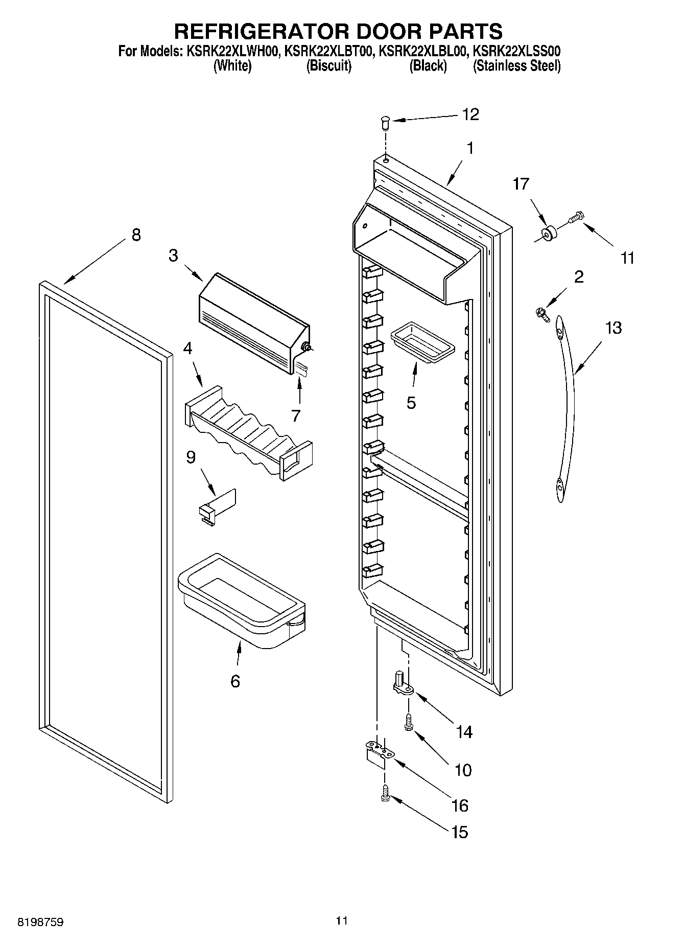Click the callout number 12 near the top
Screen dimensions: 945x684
pyautogui.click(x=470, y=114)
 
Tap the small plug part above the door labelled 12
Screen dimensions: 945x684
pyautogui.click(x=386, y=123)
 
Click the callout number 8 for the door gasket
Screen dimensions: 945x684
pyautogui.click(x=135, y=235)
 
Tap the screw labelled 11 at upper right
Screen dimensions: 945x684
pyautogui.click(x=577, y=218)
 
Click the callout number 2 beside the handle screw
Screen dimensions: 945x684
pyautogui.click(x=578, y=276)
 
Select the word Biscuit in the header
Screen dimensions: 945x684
pyautogui.click(x=328, y=66)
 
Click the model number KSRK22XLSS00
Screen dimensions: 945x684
pyautogui.click(x=516, y=51)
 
